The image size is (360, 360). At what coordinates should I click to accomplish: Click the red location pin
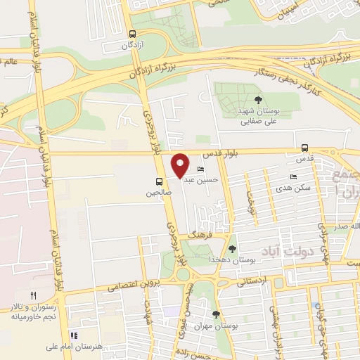181,165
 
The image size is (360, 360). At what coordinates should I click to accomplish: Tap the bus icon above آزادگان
133,34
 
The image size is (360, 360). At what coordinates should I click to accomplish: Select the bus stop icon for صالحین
160,181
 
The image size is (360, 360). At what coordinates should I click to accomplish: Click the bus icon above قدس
304,148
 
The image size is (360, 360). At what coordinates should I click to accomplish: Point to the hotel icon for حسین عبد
201,170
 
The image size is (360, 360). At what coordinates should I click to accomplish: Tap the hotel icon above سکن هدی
294,177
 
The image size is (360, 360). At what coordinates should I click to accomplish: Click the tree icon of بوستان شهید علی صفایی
258,100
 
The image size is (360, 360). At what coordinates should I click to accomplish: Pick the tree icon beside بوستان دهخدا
233,249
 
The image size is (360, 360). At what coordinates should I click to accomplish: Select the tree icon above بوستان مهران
216,314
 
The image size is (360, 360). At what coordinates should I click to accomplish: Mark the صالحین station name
159,192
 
